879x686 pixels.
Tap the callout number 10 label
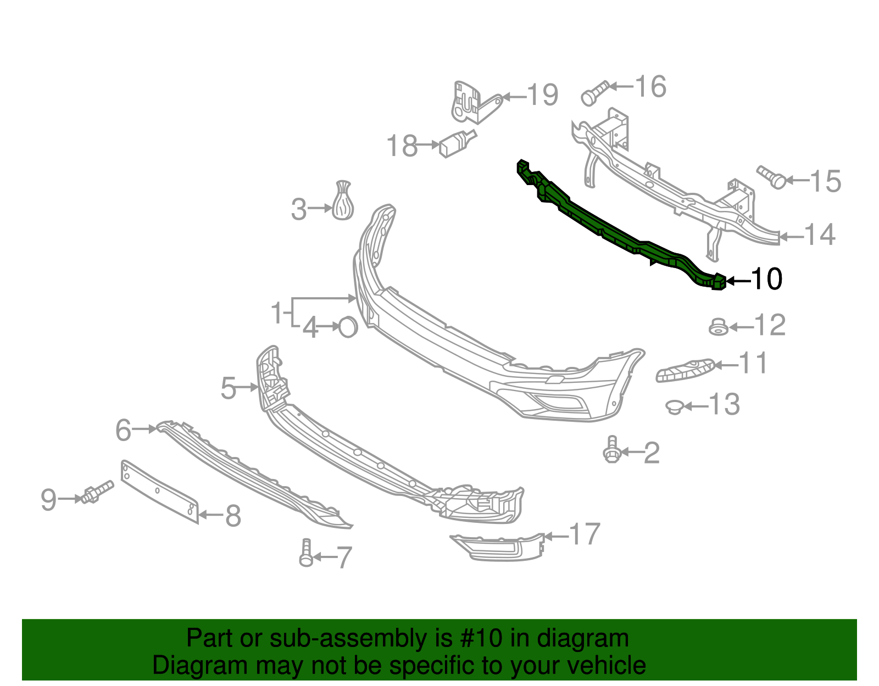(x=766, y=279)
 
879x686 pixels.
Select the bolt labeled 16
(x=593, y=94)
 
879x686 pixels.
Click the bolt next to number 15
(x=772, y=177)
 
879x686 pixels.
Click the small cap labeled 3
(x=343, y=201)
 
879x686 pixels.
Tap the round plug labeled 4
(x=348, y=327)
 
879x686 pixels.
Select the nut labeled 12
(x=718, y=327)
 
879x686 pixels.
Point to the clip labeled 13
(x=674, y=407)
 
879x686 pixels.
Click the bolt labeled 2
(x=611, y=450)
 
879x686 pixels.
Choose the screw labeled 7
(x=306, y=553)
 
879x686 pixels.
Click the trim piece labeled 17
(x=497, y=547)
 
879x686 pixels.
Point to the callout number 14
(x=820, y=235)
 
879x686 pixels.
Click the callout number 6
(x=124, y=430)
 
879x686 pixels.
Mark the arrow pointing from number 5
(x=248, y=387)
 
